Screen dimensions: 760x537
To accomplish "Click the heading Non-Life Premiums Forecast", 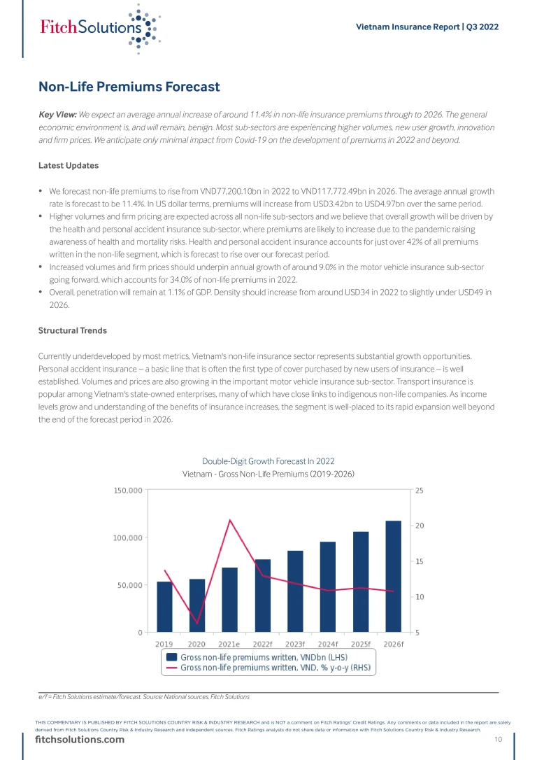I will pos(129,87).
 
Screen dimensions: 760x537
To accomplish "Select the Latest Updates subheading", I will pos(69,166).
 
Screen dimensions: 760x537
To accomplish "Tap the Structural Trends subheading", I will pos(73,330).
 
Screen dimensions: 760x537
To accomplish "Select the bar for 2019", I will pos(164,607).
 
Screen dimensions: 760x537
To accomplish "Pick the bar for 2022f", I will pos(262,596).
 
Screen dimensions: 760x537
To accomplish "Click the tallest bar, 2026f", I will pos(394,576).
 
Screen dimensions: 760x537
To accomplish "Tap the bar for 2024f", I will pos(328,586).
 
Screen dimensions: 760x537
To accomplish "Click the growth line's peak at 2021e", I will pos(229,520).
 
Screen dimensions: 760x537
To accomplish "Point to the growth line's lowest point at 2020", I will pos(196,623).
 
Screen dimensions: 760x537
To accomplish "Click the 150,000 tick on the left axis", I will pos(128,491).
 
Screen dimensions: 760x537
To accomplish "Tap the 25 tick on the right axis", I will pos(418,491).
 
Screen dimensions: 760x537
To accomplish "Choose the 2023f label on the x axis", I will pos(295,644).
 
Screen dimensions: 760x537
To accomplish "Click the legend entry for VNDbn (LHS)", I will pos(268,657).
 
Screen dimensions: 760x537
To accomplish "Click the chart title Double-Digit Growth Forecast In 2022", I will pos(268,461).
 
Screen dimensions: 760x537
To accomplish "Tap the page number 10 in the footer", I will pos(499,740).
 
